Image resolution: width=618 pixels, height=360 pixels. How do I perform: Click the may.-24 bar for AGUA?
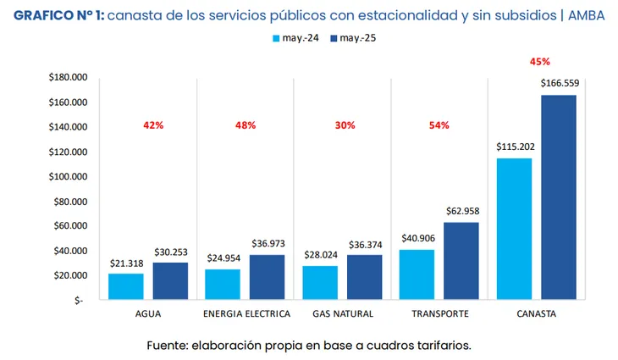coord(126,286)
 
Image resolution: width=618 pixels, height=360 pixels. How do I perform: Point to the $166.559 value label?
coord(559,83)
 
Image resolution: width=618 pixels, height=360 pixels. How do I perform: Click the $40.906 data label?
coord(417,238)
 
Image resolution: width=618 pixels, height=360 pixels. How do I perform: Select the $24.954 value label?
coord(223,258)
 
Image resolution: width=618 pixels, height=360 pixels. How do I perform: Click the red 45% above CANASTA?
coord(539,62)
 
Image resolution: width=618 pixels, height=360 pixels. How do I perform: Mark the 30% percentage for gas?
coord(345,125)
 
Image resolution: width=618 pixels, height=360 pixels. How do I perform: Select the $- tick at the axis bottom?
coord(79,301)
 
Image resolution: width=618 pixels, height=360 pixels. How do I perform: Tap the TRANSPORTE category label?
coord(439,313)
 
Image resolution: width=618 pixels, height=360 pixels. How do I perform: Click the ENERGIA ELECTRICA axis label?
coord(246,313)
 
